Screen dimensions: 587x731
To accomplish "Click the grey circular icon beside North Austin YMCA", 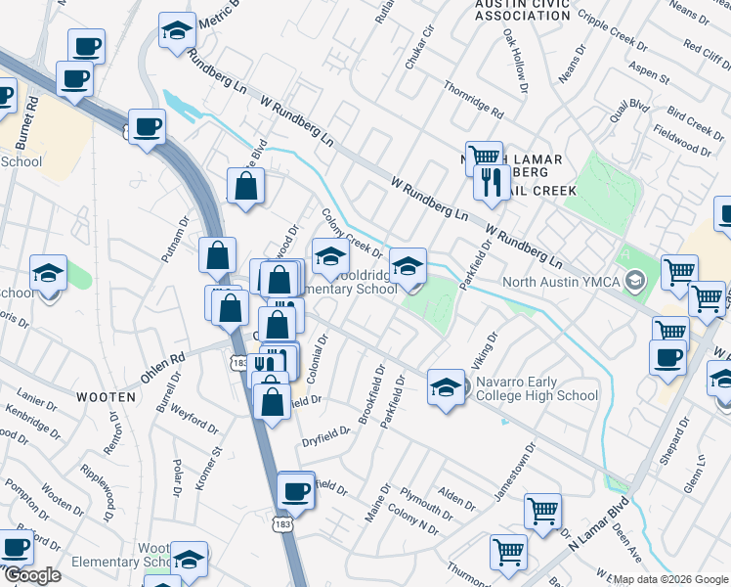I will [x=636, y=283].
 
